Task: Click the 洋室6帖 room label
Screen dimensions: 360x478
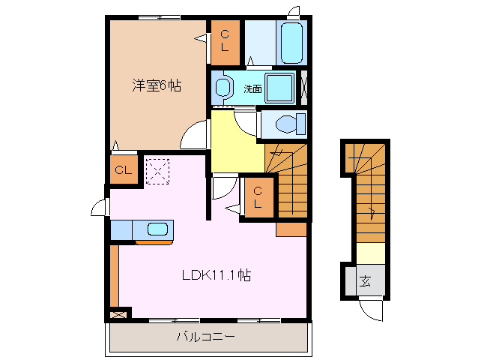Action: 157,85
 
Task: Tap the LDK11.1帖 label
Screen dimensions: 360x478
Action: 216,275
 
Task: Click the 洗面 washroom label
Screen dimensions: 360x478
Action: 253,88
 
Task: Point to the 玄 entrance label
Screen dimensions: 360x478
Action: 366,282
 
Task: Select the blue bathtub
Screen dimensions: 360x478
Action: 291,43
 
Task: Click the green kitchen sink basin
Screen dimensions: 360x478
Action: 158,229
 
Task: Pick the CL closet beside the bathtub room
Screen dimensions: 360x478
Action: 226,42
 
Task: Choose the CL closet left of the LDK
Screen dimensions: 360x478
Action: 123,171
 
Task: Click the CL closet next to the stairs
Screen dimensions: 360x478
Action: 258,197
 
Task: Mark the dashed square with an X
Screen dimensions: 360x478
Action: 157,171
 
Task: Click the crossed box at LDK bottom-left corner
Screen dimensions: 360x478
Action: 118,315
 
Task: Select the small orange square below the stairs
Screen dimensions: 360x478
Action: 291,229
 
